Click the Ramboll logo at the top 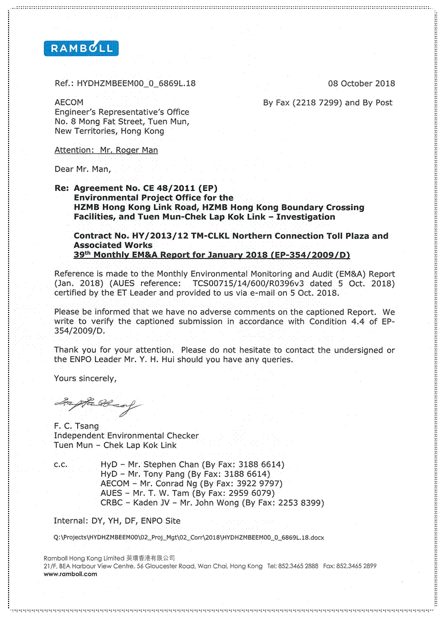[x=81, y=49]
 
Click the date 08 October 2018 [x=361, y=83]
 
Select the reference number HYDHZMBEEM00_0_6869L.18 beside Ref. [x=137, y=83]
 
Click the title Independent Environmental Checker [x=126, y=436]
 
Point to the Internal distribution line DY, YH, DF [x=117, y=521]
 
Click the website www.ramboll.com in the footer [x=70, y=574]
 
